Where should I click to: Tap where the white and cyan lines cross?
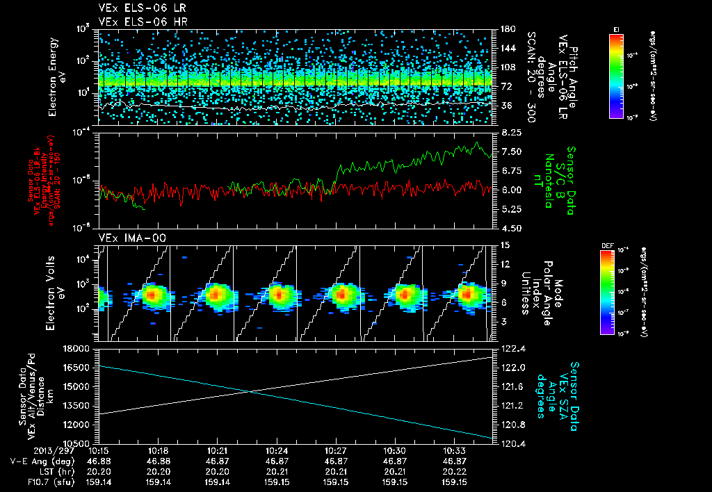249,391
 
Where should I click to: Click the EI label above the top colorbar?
616,28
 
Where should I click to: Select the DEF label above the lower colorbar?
607,245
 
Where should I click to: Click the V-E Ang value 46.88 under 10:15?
99,461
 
